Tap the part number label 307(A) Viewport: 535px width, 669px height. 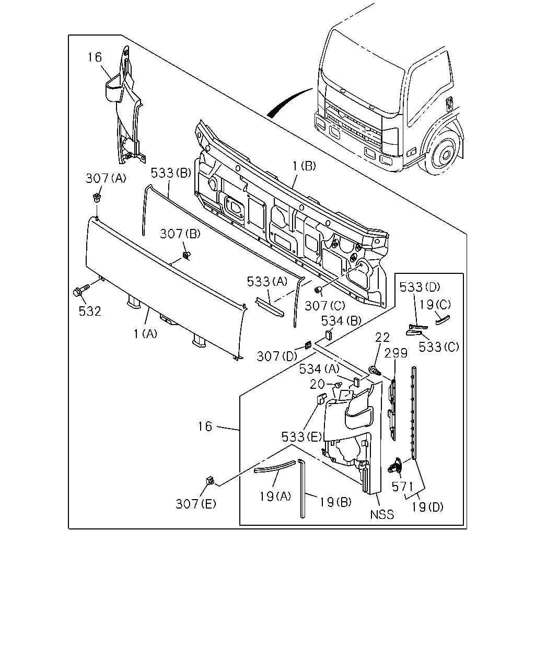[x=106, y=178]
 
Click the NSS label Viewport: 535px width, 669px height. [x=382, y=514]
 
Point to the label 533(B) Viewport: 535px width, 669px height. [x=171, y=172]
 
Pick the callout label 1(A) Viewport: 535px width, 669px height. [x=145, y=334]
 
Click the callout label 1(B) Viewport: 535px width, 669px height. [x=304, y=166]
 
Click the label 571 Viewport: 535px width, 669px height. [x=402, y=487]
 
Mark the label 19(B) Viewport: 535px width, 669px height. [x=335, y=502]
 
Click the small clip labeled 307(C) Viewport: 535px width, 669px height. [x=318, y=290]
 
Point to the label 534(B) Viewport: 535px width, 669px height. [x=341, y=320]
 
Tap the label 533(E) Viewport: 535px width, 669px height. [x=301, y=437]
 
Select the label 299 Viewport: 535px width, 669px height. [x=396, y=353]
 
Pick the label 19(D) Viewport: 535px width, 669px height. [x=427, y=507]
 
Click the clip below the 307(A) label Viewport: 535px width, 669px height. [x=96, y=198]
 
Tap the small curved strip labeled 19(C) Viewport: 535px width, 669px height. [x=443, y=319]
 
